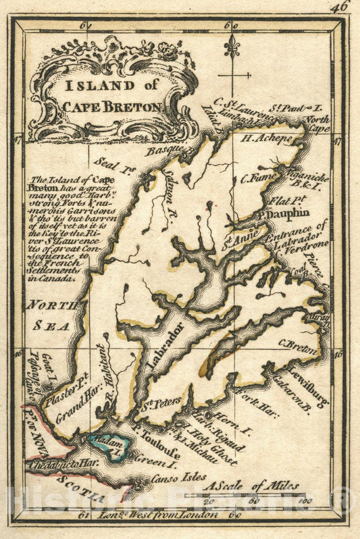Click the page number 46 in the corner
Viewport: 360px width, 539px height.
[x=341, y=6]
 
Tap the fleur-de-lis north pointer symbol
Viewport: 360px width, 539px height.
[x=234, y=47]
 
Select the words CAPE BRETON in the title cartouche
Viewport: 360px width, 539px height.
[x=111, y=106]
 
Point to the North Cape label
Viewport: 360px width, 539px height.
[x=315, y=124]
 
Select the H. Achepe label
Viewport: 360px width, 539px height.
[x=267, y=138]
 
